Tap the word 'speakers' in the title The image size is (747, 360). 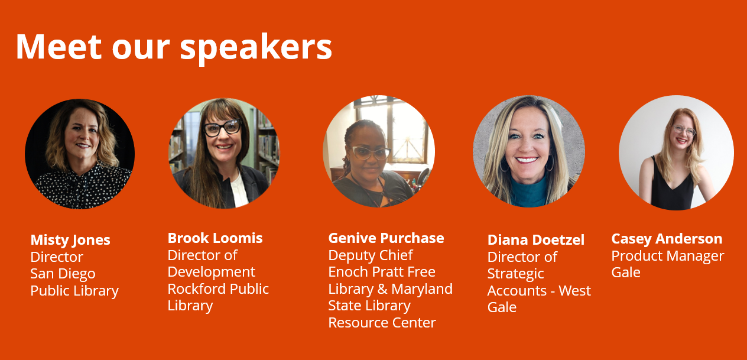click(x=256, y=48)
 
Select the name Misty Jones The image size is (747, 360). click(x=70, y=240)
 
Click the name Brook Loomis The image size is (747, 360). click(x=215, y=238)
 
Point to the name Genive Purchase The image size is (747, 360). click(x=386, y=238)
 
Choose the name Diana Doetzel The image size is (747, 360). click(x=536, y=240)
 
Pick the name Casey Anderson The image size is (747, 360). click(x=667, y=239)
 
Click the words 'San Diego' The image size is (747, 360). click(x=63, y=274)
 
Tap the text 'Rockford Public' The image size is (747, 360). click(x=218, y=289)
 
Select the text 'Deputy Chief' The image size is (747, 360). click(x=371, y=256)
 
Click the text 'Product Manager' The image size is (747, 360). click(x=668, y=256)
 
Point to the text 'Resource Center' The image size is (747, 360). click(x=382, y=323)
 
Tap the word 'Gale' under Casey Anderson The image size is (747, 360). click(x=626, y=273)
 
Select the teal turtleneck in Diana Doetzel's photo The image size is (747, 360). click(x=530, y=193)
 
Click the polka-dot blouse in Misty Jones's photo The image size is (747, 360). click(x=82, y=189)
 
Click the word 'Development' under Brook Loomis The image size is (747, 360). click(x=212, y=273)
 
